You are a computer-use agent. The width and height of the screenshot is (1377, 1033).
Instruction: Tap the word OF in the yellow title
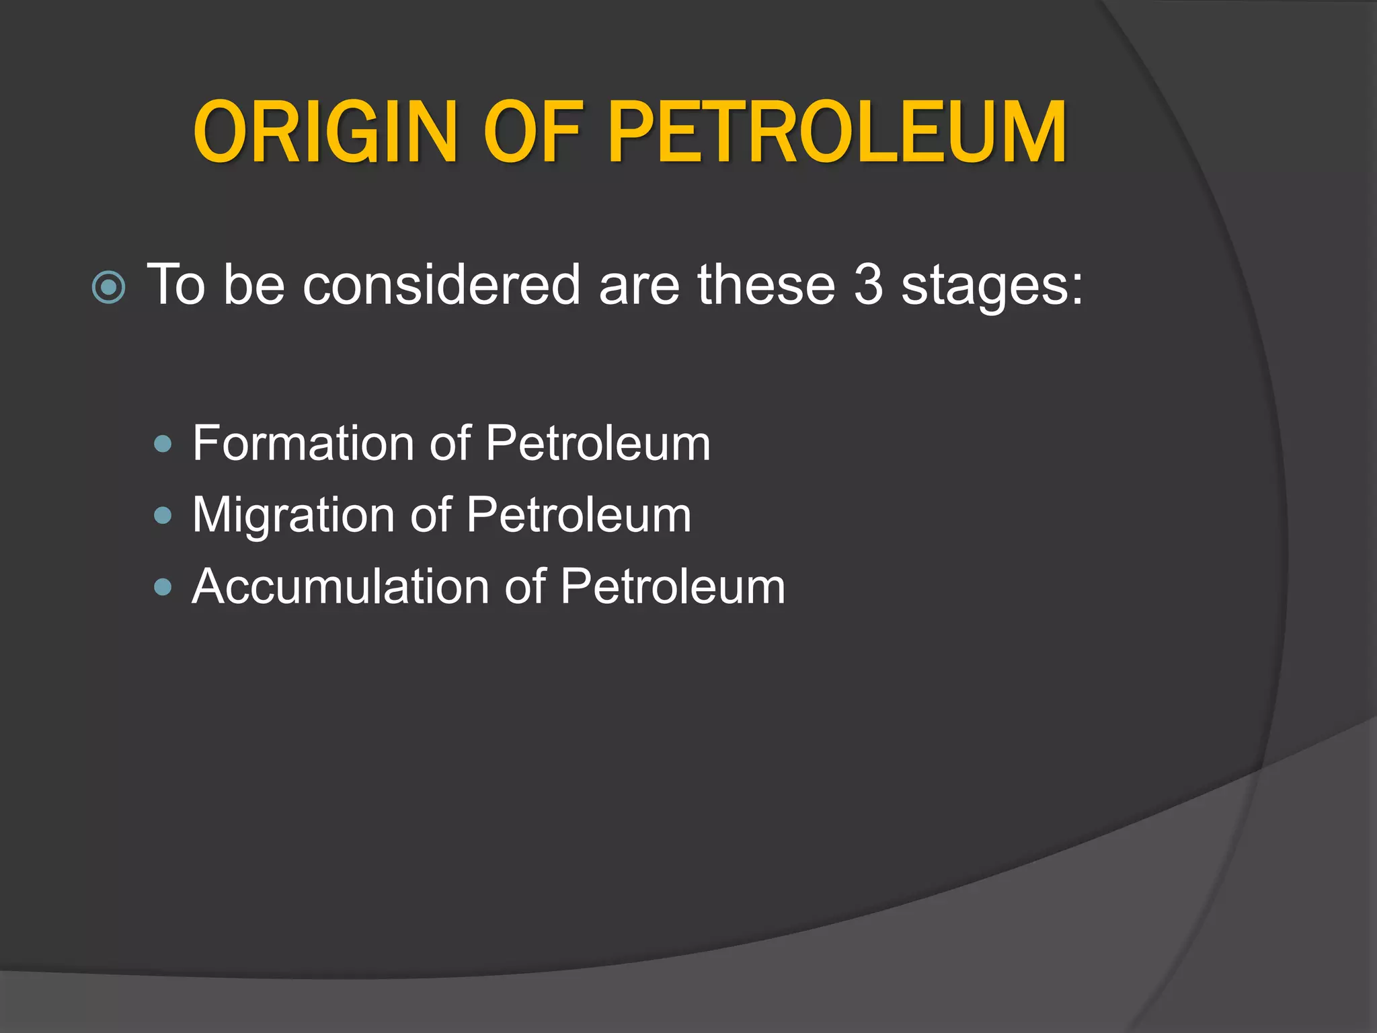pos(520,132)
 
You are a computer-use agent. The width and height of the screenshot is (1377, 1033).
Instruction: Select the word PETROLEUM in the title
pos(837,132)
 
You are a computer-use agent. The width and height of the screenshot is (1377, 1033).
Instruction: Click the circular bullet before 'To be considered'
pos(108,288)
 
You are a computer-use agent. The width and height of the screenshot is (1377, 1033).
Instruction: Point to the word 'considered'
pos(441,285)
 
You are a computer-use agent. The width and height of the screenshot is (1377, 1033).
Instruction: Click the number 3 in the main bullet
pos(868,285)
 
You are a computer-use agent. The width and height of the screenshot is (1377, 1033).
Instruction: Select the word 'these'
pos(766,285)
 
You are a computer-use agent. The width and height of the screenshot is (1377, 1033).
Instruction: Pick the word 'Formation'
pos(303,443)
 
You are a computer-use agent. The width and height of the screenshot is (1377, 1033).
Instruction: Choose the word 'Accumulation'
pos(340,586)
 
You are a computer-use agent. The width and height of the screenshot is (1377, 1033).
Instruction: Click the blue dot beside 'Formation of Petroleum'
pos(163,444)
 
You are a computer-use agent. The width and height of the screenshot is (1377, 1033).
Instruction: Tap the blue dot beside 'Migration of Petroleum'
pos(163,516)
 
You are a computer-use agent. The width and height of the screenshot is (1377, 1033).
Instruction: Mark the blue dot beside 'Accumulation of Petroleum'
pos(163,587)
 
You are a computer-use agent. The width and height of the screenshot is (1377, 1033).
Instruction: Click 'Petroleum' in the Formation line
pos(598,443)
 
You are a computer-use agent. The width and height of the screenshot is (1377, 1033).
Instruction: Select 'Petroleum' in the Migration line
pos(579,515)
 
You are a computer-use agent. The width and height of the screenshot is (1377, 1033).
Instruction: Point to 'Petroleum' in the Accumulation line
pos(672,586)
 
